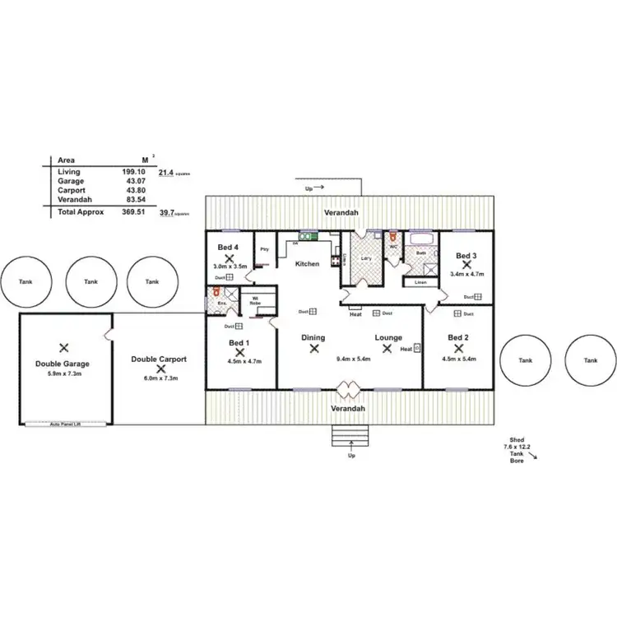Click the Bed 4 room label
(228, 248)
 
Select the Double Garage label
(63, 363)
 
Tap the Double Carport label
(159, 360)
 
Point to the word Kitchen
(308, 264)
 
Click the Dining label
(313, 337)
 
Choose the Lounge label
(387, 337)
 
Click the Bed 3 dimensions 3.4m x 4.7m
(466, 274)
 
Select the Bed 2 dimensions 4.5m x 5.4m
(458, 359)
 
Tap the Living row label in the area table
(69, 171)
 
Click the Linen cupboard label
(420, 282)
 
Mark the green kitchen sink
(304, 237)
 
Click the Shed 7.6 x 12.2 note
(518, 445)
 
